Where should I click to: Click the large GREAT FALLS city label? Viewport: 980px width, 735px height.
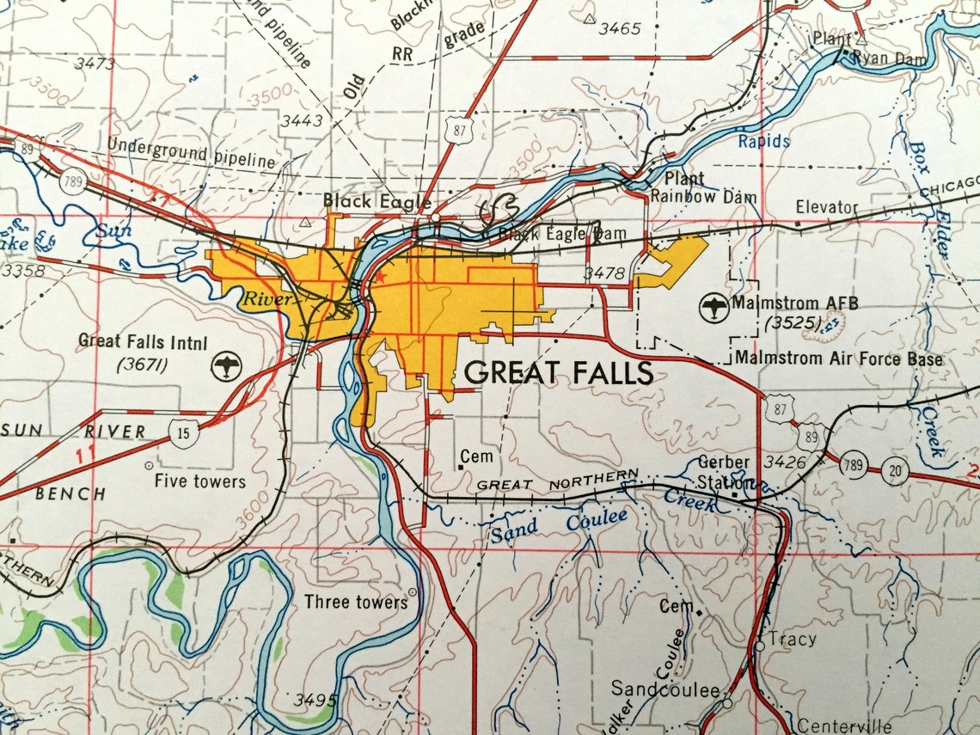[559, 372]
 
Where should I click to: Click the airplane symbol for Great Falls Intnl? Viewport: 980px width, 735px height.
[227, 365]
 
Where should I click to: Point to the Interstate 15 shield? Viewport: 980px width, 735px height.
[184, 432]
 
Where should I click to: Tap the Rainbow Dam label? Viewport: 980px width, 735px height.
[703, 197]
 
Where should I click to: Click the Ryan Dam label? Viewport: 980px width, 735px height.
[886, 58]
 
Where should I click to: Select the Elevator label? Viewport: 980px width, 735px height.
[826, 207]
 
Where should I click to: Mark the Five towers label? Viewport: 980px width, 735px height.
[199, 481]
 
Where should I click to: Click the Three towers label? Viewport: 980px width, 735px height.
[355, 602]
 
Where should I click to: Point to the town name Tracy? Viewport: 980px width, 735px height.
[792, 640]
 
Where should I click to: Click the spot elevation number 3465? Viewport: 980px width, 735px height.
[619, 28]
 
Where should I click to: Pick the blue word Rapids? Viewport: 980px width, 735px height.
[763, 141]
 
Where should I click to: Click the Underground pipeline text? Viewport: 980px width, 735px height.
[191, 155]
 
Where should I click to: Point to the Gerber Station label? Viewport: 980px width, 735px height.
[724, 472]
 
